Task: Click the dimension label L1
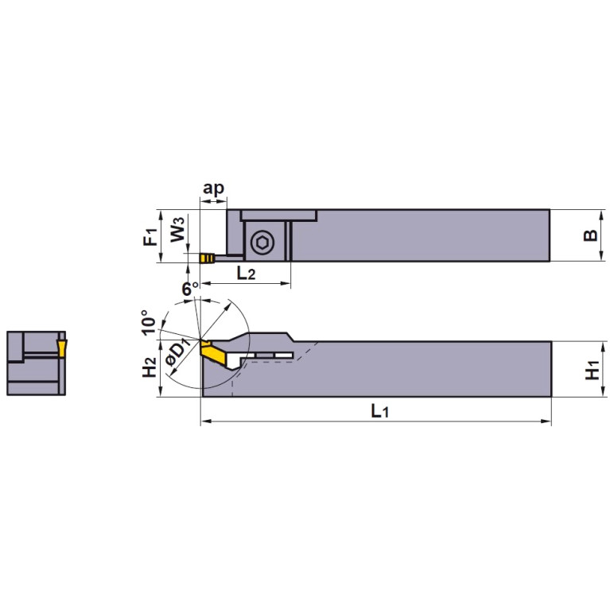(379, 411)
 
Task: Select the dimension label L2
(246, 274)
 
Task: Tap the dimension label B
(589, 235)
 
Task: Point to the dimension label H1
(591, 370)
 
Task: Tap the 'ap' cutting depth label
(213, 188)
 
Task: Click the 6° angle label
(189, 289)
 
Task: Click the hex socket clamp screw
(260, 246)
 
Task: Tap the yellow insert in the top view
(207, 258)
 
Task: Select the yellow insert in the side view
(212, 350)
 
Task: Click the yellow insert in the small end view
(61, 346)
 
